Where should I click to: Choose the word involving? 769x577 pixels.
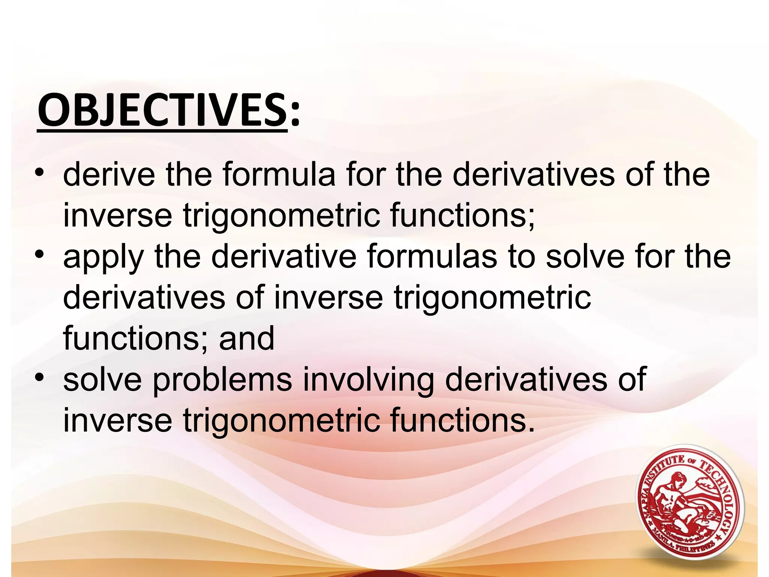368,380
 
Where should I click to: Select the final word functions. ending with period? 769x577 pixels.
462,421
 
